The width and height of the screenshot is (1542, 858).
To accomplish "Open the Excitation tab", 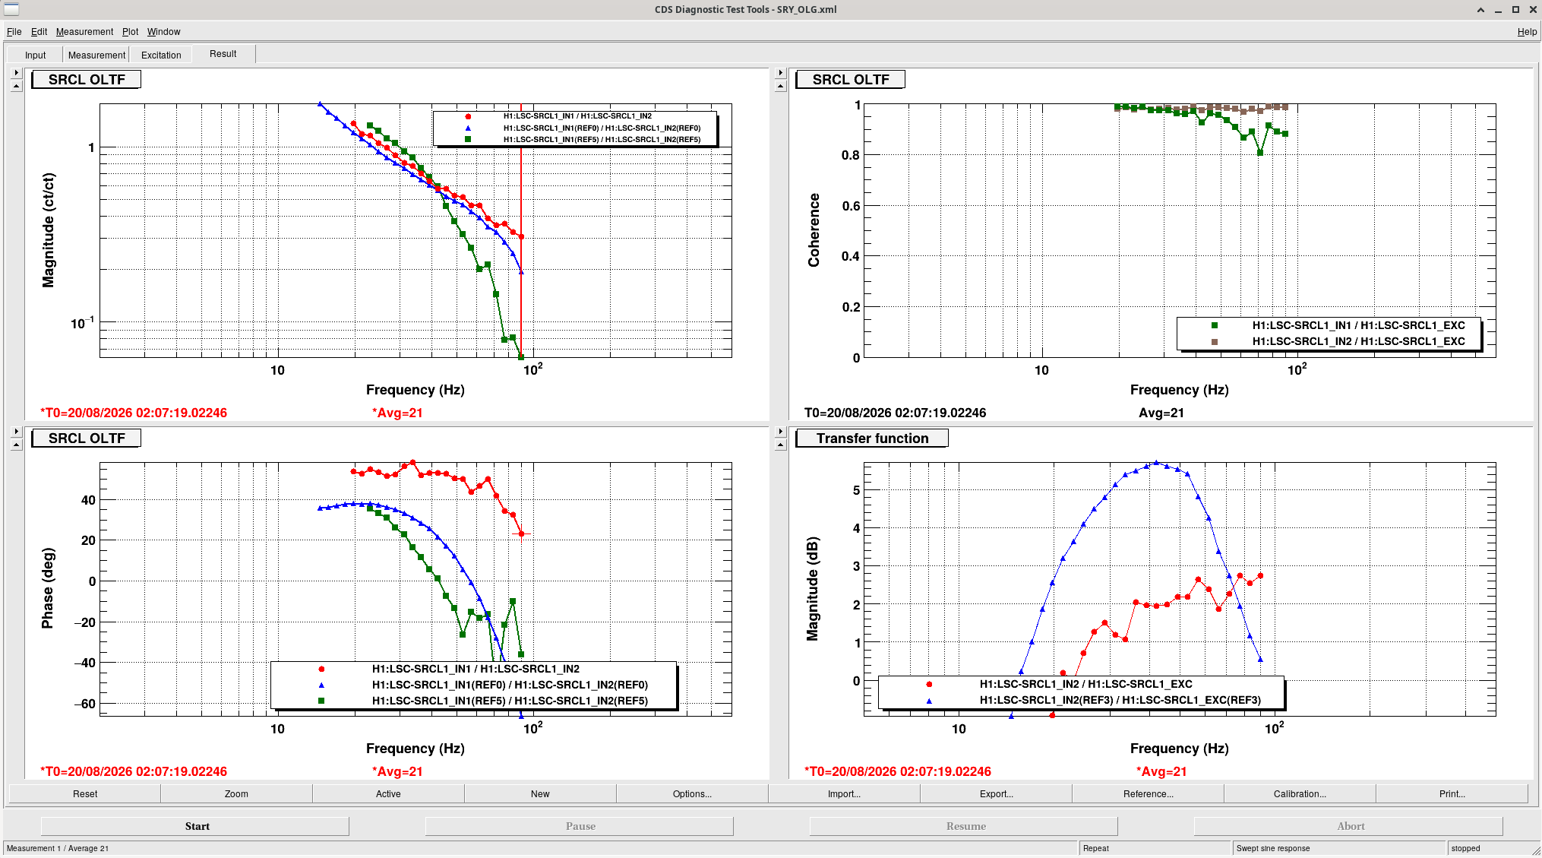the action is pyautogui.click(x=161, y=55).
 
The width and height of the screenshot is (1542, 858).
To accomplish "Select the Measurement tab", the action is pyautogui.click(x=96, y=55).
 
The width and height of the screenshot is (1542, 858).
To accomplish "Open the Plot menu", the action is pyautogui.click(x=130, y=31).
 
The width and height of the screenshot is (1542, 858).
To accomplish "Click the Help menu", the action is pyautogui.click(x=1527, y=31).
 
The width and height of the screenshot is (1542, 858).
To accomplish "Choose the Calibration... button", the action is pyautogui.click(x=1300, y=793).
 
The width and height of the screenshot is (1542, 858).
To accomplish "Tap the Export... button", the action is pyautogui.click(x=996, y=793).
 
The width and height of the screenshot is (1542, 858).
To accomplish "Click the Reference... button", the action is pyautogui.click(x=1148, y=793).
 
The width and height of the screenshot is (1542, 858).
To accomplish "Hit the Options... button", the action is pyautogui.click(x=692, y=793).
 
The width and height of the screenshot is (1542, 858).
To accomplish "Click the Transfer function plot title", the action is pyautogui.click(x=872, y=438).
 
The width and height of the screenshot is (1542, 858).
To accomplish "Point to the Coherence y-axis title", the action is pyautogui.click(x=814, y=230).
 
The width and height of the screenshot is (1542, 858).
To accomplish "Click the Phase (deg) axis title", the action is pyautogui.click(x=48, y=588).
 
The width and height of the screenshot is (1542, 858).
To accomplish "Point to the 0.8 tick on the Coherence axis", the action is pyautogui.click(x=850, y=155).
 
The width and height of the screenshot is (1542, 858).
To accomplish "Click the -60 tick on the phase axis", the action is pyautogui.click(x=84, y=704).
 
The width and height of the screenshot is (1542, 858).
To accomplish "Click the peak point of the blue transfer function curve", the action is pyautogui.click(x=1156, y=462).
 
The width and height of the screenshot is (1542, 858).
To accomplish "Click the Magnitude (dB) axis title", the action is pyautogui.click(x=813, y=588).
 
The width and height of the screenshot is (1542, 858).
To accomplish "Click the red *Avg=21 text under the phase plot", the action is pyautogui.click(x=397, y=771).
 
